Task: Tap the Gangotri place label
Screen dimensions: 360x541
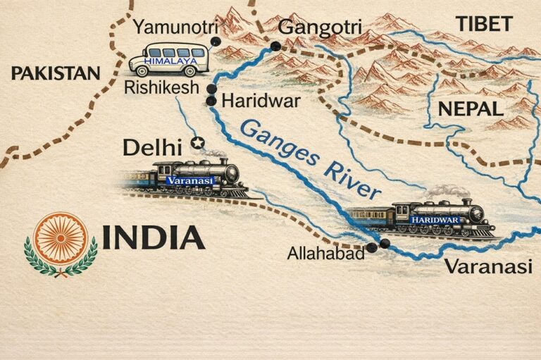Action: coord(314,27)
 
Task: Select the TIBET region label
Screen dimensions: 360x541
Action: coord(484,23)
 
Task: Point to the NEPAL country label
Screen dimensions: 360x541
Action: coord(471,108)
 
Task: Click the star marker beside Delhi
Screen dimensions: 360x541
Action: coord(198,144)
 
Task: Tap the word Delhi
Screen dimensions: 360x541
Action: coord(152,147)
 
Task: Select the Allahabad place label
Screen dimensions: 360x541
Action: coord(325,254)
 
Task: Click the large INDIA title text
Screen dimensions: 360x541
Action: coord(154,237)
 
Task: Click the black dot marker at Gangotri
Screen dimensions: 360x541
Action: coord(275,46)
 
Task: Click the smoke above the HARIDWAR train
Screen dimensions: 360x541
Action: coord(448,190)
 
